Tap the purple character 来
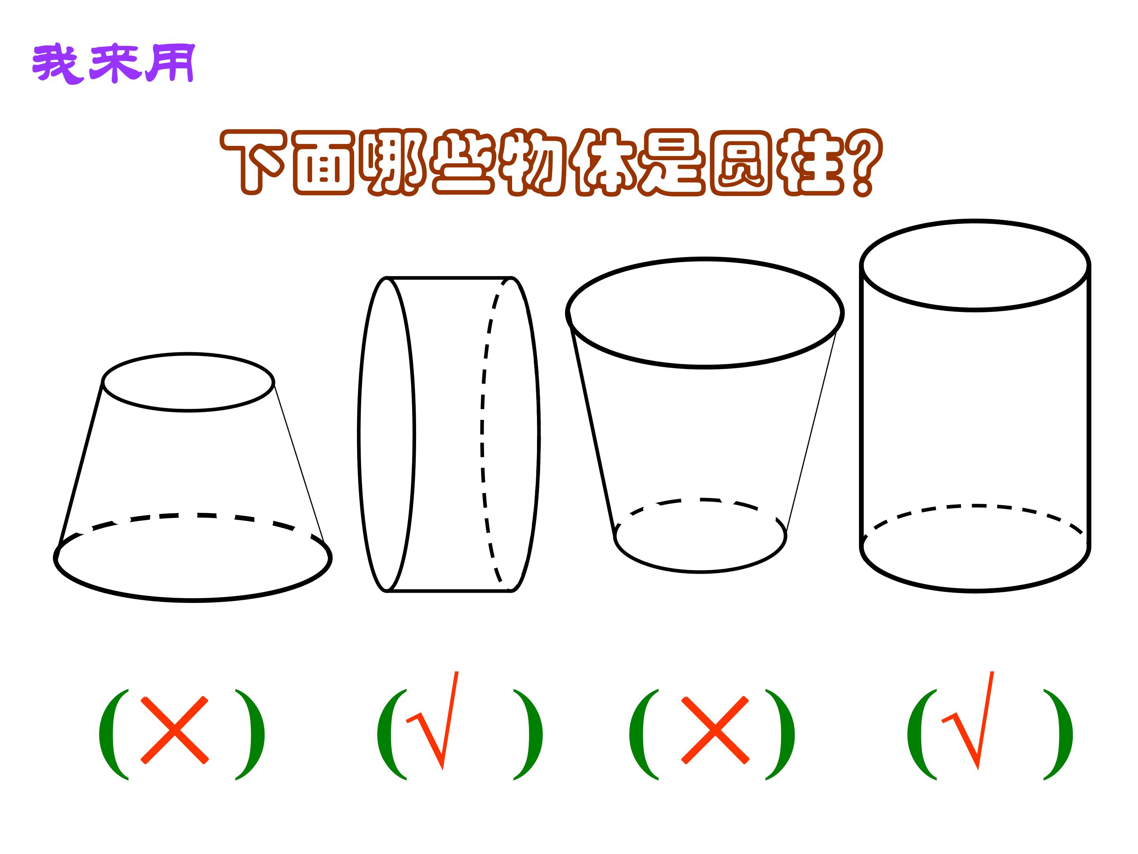[114, 63]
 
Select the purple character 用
[170, 63]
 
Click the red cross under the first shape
[175, 729]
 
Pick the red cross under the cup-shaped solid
[715, 729]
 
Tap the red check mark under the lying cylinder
[433, 721]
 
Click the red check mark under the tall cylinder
[968, 721]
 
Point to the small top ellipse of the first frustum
[188, 410]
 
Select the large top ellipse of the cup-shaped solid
[705, 367]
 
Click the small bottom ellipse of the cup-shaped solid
[701, 571]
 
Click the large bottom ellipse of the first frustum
[193, 600]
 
